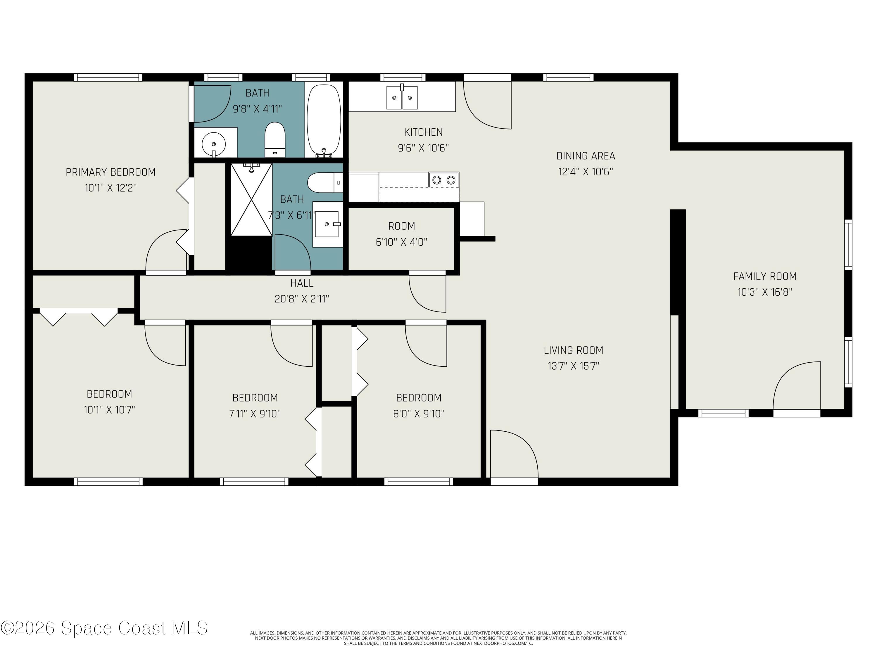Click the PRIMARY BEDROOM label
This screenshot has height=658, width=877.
(110, 172)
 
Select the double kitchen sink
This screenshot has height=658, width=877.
(402, 97)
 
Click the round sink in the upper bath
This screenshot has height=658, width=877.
(214, 144)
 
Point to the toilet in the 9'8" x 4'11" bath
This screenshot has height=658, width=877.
(275, 139)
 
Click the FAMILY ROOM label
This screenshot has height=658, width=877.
(764, 276)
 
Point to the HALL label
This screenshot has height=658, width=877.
(302, 283)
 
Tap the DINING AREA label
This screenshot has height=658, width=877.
(586, 156)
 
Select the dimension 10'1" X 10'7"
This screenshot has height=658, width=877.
(109, 410)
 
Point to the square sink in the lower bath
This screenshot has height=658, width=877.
(327, 224)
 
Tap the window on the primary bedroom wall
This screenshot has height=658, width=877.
(108, 77)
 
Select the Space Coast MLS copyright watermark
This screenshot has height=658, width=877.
(104, 628)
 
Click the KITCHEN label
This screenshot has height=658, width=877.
(423, 132)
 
